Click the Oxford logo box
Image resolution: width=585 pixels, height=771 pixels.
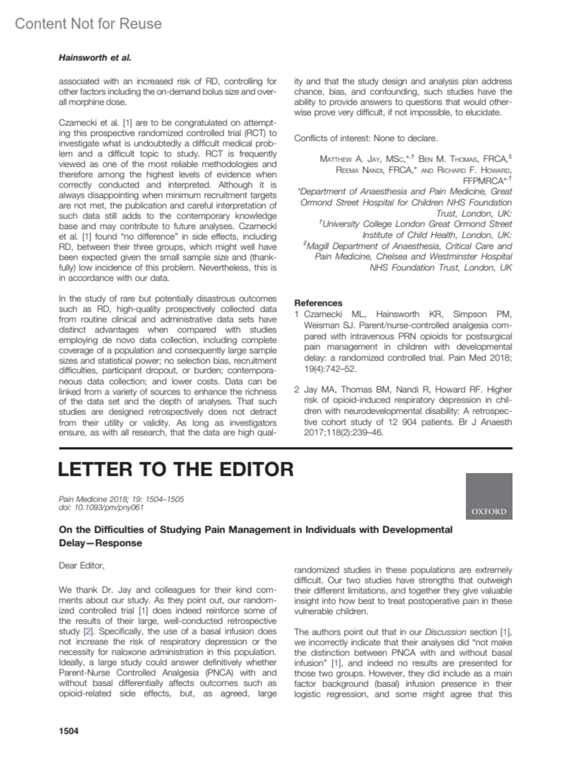(x=488, y=496)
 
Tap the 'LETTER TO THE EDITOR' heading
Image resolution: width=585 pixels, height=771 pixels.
(x=175, y=469)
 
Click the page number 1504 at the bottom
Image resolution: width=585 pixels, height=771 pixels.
(x=68, y=731)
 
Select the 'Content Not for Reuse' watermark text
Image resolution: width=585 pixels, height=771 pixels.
(x=88, y=23)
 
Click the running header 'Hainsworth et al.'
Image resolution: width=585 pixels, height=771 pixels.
(x=95, y=58)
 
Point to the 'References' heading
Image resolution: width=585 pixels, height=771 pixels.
(x=318, y=303)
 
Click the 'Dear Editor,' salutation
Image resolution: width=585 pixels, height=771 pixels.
(x=81, y=565)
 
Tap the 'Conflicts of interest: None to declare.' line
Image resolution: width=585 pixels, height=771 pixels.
(x=366, y=138)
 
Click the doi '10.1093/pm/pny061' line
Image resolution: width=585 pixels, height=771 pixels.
(x=101, y=507)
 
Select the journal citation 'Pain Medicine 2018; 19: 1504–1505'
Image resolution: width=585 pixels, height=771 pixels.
(x=121, y=499)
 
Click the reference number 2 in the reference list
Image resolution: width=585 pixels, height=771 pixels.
(x=297, y=389)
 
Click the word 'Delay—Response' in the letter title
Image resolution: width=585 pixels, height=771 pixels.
(x=100, y=543)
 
